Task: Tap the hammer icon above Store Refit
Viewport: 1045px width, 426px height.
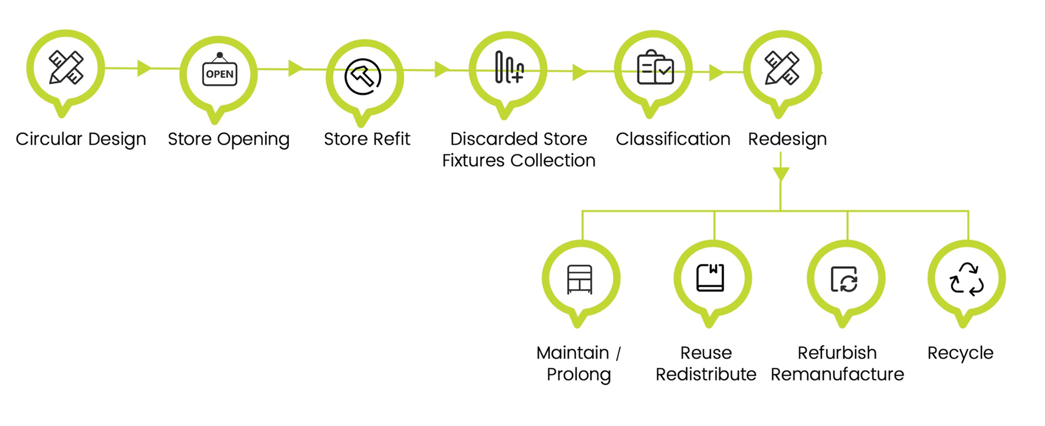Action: point(362,76)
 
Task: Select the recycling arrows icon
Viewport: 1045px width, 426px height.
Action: point(967,279)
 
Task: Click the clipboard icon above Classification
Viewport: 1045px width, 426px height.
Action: point(655,68)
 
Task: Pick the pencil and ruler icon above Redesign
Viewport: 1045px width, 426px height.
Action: point(782,68)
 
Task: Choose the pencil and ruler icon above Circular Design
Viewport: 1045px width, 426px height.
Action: point(66,67)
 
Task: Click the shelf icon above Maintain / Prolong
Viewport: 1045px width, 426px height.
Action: point(580,279)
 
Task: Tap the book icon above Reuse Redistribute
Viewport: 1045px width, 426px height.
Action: point(710,277)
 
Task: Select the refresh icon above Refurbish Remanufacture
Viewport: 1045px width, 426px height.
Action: point(844,279)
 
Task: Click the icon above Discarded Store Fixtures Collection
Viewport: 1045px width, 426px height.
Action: point(509,67)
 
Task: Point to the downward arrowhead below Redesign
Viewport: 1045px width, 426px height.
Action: point(780,174)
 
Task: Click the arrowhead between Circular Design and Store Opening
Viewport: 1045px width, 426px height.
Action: point(144,68)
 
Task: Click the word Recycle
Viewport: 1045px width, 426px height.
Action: point(960,353)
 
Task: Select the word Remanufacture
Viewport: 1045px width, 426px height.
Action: point(837,374)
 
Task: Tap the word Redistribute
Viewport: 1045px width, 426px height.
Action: point(705,374)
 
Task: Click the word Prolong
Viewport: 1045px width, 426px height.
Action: point(579,375)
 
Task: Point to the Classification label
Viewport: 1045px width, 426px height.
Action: point(673,139)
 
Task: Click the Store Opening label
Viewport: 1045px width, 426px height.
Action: point(229,139)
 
